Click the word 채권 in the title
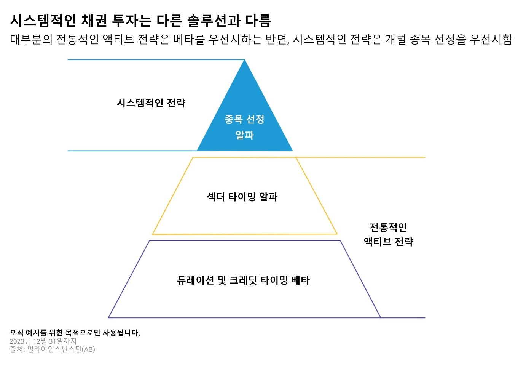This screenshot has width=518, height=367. point(94,21)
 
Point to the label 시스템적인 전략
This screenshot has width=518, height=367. point(151,103)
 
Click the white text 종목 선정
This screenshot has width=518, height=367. point(244,119)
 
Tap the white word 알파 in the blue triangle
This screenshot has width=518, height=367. point(244,135)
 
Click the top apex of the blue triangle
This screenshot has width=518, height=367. point(244,60)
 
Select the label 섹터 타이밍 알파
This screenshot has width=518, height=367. point(242,197)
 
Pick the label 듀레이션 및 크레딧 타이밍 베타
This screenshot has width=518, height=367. point(243,280)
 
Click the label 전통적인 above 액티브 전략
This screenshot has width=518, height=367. point(388,228)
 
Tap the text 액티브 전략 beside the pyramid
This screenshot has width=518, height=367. point(388,242)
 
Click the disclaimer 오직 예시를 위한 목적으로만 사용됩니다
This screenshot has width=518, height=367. point(75,333)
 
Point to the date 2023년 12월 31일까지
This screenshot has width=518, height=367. point(43,341)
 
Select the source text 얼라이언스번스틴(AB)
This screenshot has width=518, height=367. point(61,349)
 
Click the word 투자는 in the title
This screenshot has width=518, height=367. point(132,21)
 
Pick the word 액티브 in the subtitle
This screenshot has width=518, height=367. point(118,39)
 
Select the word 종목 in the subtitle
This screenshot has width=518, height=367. point(420,39)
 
